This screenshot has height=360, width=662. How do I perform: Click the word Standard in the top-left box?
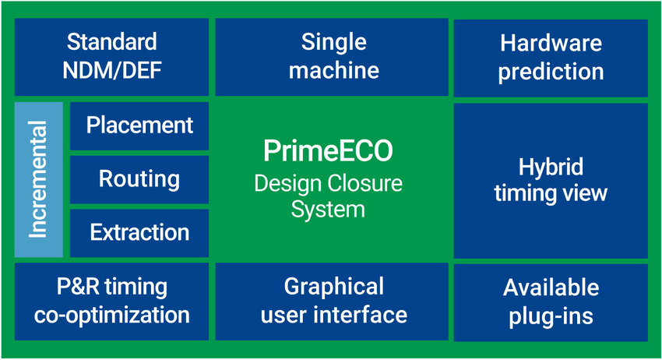click(111, 41)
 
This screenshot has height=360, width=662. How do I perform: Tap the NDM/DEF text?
click(111, 71)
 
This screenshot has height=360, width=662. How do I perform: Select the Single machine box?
click(333, 56)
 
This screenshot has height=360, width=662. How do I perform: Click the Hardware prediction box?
click(551, 56)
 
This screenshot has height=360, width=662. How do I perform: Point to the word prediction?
click(551, 72)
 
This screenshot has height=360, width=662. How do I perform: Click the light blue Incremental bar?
click(38, 179)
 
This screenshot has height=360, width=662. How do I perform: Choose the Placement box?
click(139, 125)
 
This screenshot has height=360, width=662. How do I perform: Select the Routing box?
click(139, 179)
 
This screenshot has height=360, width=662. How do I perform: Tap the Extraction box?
click(139, 232)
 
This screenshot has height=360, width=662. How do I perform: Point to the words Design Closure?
click(328, 184)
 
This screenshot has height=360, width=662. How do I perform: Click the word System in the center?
click(328, 209)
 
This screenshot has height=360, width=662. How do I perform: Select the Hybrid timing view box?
click(551, 180)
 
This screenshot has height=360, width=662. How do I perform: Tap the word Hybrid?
click(551, 167)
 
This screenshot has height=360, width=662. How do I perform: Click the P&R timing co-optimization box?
click(111, 301)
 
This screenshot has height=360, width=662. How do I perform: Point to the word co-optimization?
click(111, 316)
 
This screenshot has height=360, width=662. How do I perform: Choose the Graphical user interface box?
click(333, 301)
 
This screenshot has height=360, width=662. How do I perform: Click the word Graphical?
click(333, 286)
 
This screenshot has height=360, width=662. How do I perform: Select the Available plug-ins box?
click(551, 302)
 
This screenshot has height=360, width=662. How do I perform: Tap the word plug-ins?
click(551, 317)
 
